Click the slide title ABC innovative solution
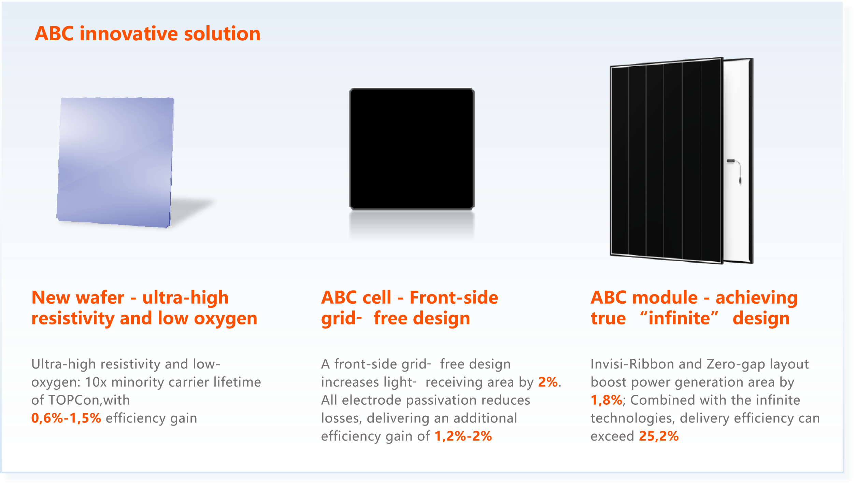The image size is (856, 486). pyautogui.click(x=147, y=34)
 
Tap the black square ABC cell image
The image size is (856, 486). pyautogui.click(x=412, y=149)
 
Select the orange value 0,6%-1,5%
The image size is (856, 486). pyautogui.click(x=66, y=418)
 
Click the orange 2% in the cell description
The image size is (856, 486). pyautogui.click(x=548, y=382)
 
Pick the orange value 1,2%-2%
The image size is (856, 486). pyautogui.click(x=463, y=436)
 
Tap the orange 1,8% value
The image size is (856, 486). pyautogui.click(x=606, y=400)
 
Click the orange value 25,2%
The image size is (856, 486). pyautogui.click(x=658, y=436)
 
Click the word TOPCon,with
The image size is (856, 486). pyautogui.click(x=89, y=400)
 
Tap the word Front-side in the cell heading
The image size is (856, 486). pyautogui.click(x=454, y=297)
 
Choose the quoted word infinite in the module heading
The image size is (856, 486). pyautogui.click(x=679, y=319)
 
